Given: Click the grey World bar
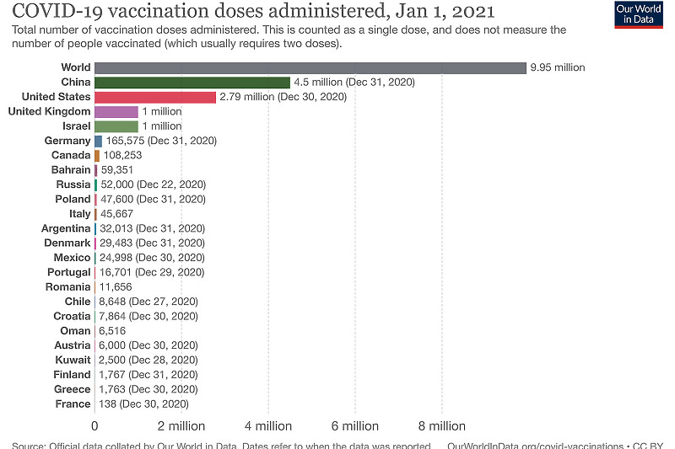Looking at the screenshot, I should coord(310,67).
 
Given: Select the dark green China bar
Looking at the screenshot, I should coord(192,83).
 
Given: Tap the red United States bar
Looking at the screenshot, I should coord(155,97).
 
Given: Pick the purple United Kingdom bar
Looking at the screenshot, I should coord(116,112).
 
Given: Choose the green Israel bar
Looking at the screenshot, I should coord(116,126).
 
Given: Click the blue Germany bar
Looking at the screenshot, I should coord(99,141).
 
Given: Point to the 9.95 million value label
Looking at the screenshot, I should coord(558,67).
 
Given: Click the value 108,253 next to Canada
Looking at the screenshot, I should coord(121,156).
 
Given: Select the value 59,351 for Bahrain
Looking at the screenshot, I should coord(118,170).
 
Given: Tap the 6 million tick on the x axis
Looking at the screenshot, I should coord(355,426).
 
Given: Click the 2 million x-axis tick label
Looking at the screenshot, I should coord(181,426).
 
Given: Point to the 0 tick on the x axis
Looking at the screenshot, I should coord(94,426).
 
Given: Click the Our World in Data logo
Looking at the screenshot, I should coord(639,14).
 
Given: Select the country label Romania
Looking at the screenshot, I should coord(67,286).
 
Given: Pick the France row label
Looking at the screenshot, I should coord(72,404).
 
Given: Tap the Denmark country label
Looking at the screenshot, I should coord(67,243).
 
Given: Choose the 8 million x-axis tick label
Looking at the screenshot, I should coord(442,426).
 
